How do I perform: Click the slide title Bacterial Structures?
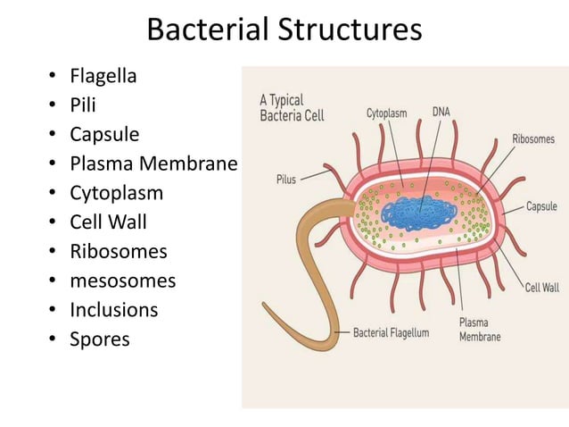[x=284, y=29]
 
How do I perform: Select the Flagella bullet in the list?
[x=103, y=76]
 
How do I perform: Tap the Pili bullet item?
[x=84, y=105]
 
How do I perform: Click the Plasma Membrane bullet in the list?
[x=153, y=163]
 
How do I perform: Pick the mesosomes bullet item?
[x=123, y=281]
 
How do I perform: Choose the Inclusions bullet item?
[x=114, y=311]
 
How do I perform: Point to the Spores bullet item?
[x=100, y=339]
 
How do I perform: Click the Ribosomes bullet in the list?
[x=119, y=252]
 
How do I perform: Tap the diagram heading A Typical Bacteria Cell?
[x=291, y=107]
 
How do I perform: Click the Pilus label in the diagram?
[x=285, y=180]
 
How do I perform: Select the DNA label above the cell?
[x=441, y=113]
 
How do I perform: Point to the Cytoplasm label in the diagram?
[x=386, y=113]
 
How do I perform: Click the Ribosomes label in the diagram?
[x=532, y=139]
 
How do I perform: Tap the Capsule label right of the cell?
[x=541, y=206]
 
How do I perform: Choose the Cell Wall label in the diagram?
[x=541, y=288]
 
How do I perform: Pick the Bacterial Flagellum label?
[x=392, y=332]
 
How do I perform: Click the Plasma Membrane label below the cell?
[x=479, y=330]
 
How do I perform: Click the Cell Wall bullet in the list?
[x=108, y=222]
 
